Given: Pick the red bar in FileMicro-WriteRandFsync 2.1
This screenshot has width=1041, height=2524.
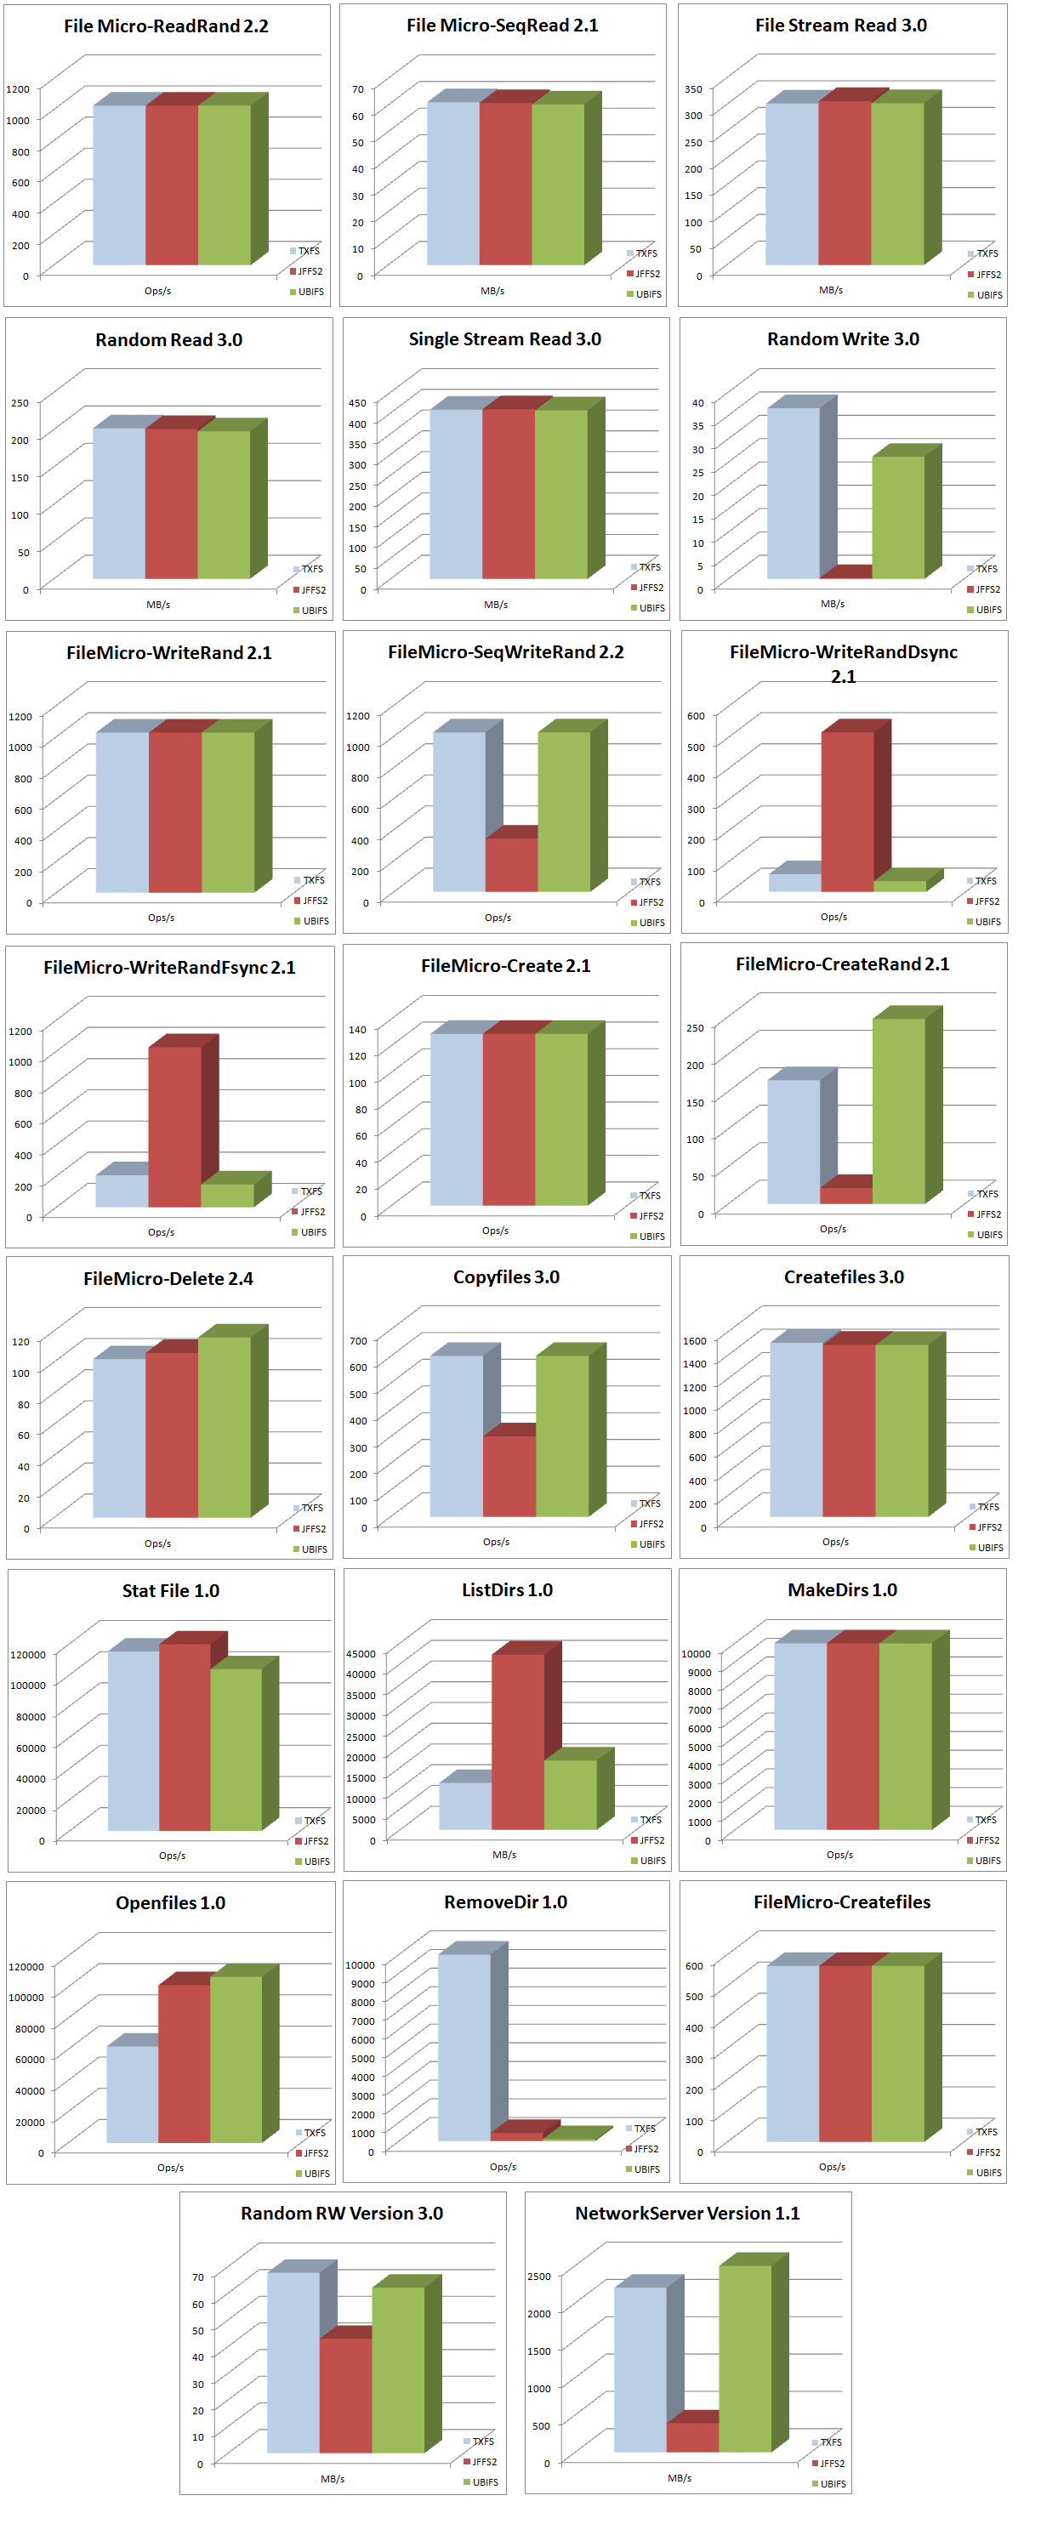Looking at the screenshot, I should click(174, 1127).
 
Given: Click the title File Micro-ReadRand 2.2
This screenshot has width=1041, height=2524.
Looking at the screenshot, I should click(166, 26).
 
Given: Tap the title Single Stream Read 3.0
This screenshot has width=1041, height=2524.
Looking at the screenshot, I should click(505, 339).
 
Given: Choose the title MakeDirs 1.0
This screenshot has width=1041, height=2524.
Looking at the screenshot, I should click(842, 1589).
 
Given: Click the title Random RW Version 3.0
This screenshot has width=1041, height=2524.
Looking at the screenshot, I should click(341, 2213).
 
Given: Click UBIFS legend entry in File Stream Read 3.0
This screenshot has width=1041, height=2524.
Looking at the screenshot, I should click(988, 295).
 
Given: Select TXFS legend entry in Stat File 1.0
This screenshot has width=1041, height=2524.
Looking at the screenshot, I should click(314, 1821).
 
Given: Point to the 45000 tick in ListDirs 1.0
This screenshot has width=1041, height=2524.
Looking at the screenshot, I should click(361, 1654).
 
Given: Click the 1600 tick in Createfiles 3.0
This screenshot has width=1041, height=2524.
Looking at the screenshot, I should click(694, 1340).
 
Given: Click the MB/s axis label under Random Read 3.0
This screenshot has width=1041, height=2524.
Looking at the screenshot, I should click(158, 605).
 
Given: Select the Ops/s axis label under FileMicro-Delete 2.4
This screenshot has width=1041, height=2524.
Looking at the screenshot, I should click(158, 1543).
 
